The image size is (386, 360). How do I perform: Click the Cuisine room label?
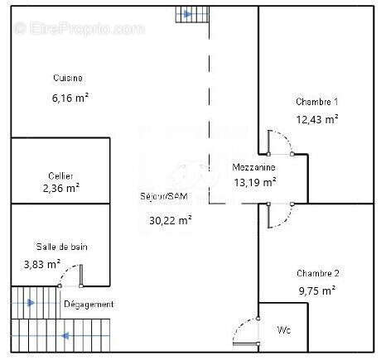click(x=68, y=78)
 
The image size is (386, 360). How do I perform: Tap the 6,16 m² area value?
click(x=70, y=97)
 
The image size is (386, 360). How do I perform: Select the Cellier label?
click(x=61, y=175)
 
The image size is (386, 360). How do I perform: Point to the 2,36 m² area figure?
click(x=60, y=188)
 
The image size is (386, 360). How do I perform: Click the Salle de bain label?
click(x=61, y=247)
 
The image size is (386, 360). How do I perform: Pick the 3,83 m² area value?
click(x=42, y=264)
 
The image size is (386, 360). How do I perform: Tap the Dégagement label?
click(x=89, y=304)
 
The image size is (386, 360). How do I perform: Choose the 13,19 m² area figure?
click(x=254, y=183)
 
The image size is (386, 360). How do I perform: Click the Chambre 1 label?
click(x=316, y=102)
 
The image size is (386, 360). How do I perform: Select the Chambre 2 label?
click(x=317, y=273)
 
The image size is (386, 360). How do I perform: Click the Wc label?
click(x=283, y=329)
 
